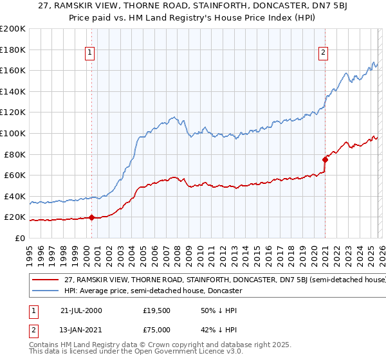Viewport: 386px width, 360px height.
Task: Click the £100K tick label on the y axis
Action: (x=13, y=133)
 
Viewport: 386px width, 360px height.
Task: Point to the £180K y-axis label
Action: (x=13, y=49)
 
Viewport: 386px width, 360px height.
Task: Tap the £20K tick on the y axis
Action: (x=15, y=217)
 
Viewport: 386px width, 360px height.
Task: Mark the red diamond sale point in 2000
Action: (x=92, y=217)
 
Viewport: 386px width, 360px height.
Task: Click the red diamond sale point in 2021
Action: (x=325, y=159)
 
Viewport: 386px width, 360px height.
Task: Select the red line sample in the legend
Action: (x=45, y=280)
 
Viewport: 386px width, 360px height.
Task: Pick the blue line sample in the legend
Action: (x=45, y=291)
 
